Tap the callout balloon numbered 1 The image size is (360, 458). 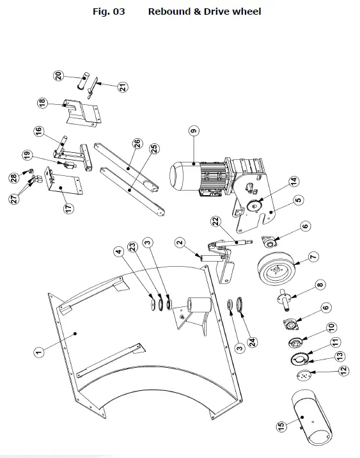(x=39, y=351)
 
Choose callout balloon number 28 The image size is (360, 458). (x=12, y=177)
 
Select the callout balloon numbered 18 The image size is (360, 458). (x=42, y=102)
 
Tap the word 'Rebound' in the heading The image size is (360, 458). (x=169, y=12)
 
